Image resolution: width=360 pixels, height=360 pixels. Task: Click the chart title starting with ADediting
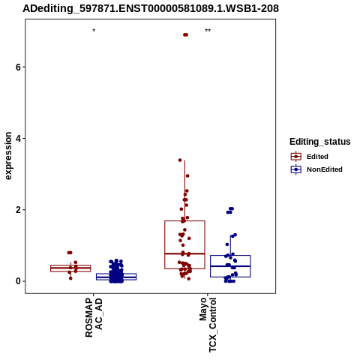click(x=151, y=9)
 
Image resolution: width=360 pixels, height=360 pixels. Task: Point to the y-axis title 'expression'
click(x=8, y=156)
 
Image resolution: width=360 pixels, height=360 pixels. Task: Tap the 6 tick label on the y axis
click(x=18, y=67)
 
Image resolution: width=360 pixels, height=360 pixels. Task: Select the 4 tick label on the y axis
click(x=18, y=138)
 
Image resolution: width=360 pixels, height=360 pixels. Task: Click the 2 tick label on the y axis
click(x=18, y=210)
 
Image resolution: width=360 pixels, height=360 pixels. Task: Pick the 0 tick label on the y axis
click(x=18, y=281)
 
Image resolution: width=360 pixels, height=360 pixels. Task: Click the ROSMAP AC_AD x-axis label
click(x=94, y=317)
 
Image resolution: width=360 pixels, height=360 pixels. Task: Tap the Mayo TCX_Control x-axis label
click(x=208, y=325)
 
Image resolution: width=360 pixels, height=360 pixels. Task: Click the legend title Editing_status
click(x=320, y=142)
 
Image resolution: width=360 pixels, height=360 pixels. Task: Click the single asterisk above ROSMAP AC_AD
click(x=94, y=31)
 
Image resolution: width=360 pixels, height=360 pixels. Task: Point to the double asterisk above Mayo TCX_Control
click(x=208, y=31)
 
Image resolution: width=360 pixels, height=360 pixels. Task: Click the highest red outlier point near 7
click(x=185, y=34)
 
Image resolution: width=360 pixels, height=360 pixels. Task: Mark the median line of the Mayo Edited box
click(x=184, y=253)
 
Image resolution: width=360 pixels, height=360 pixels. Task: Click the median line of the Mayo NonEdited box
click(x=230, y=266)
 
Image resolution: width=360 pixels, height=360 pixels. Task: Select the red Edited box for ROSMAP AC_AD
click(x=70, y=268)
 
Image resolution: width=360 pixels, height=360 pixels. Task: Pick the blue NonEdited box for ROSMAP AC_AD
click(x=116, y=277)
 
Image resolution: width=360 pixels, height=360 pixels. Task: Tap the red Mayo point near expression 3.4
click(x=180, y=160)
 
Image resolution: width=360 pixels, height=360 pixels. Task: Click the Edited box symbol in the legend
click(x=296, y=157)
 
